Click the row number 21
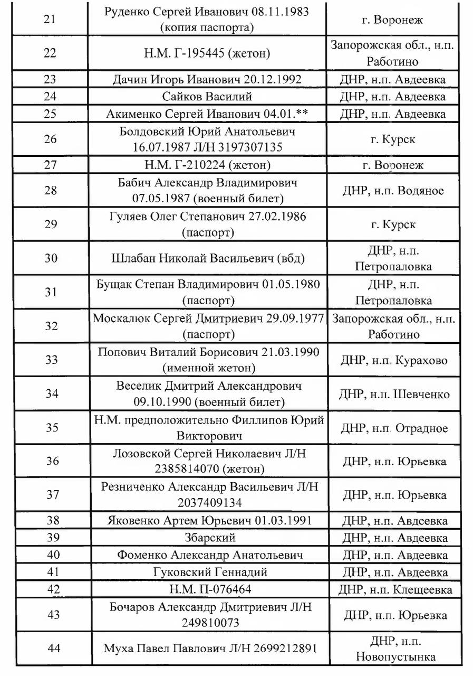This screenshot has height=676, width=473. tap(51, 20)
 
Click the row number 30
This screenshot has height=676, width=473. tap(51, 258)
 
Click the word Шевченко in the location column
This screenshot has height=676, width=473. tap(421, 394)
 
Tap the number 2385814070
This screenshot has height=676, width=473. tap(187, 468)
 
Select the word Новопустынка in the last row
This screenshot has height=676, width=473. tap(395, 657)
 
